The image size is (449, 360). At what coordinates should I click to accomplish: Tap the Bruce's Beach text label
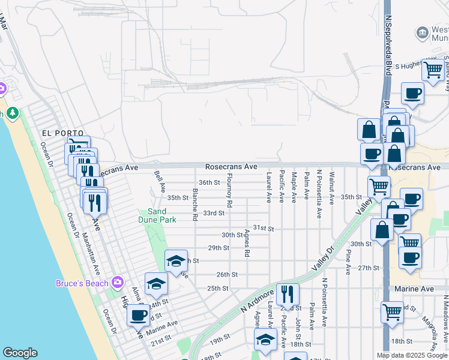coord(82,283)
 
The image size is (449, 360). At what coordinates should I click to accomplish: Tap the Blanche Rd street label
coord(195,205)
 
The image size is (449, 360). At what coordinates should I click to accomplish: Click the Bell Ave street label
coord(160,180)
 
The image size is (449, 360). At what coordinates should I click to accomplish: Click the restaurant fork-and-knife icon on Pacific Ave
coord(289,293)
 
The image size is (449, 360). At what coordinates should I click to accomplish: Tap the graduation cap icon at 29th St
coord(176,260)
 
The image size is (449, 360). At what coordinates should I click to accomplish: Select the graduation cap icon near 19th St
coord(265,340)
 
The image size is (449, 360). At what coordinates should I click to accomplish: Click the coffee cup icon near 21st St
coord(138,314)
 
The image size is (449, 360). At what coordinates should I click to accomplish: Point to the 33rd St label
coord(213,213)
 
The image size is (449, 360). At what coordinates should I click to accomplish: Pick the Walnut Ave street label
coord(331,187)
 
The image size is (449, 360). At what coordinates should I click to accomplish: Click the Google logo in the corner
coord(20,353)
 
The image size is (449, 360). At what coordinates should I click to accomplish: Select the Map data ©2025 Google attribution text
coord(412,355)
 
